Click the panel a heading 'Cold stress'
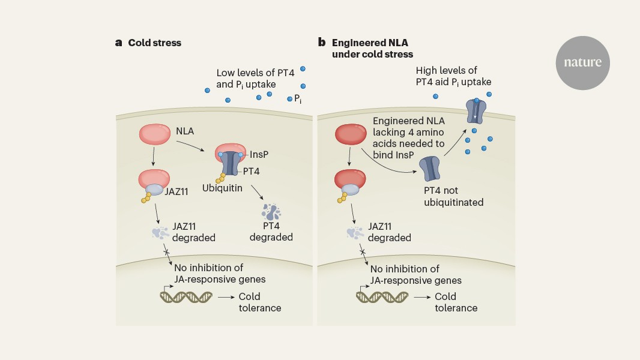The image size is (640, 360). pyautogui.click(x=154, y=43)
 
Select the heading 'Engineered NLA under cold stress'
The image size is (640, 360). pyautogui.click(x=372, y=48)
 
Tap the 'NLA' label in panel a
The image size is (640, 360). pyautogui.click(x=185, y=130)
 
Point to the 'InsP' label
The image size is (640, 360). pyautogui.click(x=259, y=154)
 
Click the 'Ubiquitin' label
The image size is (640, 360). pyautogui.click(x=222, y=188)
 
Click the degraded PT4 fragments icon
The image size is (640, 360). pyautogui.click(x=271, y=212)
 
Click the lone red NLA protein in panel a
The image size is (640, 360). pyautogui.click(x=155, y=136)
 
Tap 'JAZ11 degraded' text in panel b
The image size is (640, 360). pyautogui.click(x=389, y=232)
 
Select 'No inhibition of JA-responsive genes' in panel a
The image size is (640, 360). pyautogui.click(x=219, y=274)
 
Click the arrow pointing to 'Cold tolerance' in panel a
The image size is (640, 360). pyautogui.click(x=225, y=296)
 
